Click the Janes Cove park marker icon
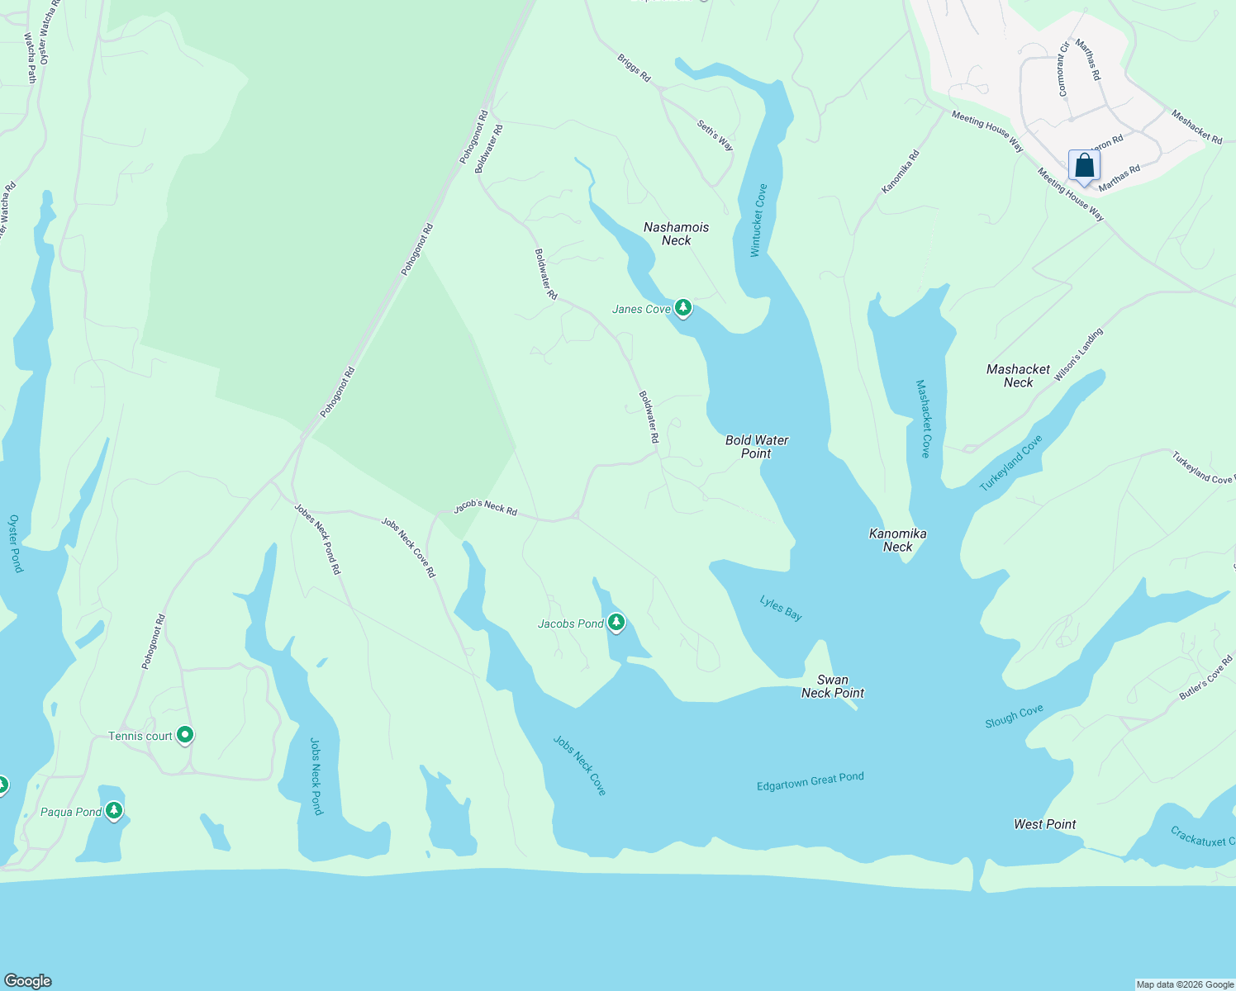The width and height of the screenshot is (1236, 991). [x=682, y=308]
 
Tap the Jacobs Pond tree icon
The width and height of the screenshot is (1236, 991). [x=616, y=623]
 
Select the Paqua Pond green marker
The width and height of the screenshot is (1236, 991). [x=114, y=811]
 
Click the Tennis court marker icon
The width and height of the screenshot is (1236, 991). [x=185, y=735]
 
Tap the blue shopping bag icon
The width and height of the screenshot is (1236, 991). [x=1084, y=165]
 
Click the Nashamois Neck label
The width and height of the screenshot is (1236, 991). [x=676, y=234]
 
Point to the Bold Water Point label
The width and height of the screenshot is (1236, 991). [x=757, y=447]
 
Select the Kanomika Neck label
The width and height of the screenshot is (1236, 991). [x=897, y=540]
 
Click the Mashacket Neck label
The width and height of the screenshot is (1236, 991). [x=1018, y=376]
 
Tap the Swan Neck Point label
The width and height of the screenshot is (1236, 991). [x=833, y=686]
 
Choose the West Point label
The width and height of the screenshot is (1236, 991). [x=1044, y=824]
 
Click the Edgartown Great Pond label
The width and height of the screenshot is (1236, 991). [x=810, y=781]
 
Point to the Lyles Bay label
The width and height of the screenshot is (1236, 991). [x=781, y=609]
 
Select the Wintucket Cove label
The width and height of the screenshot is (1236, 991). [x=758, y=220]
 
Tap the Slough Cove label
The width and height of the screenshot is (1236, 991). [x=1014, y=716]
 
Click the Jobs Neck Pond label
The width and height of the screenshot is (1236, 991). [x=316, y=776]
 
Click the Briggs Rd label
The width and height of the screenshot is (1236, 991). [x=634, y=69]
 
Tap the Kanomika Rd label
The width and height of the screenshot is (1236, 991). [x=900, y=172]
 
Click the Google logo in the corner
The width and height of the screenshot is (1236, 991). [x=28, y=980]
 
